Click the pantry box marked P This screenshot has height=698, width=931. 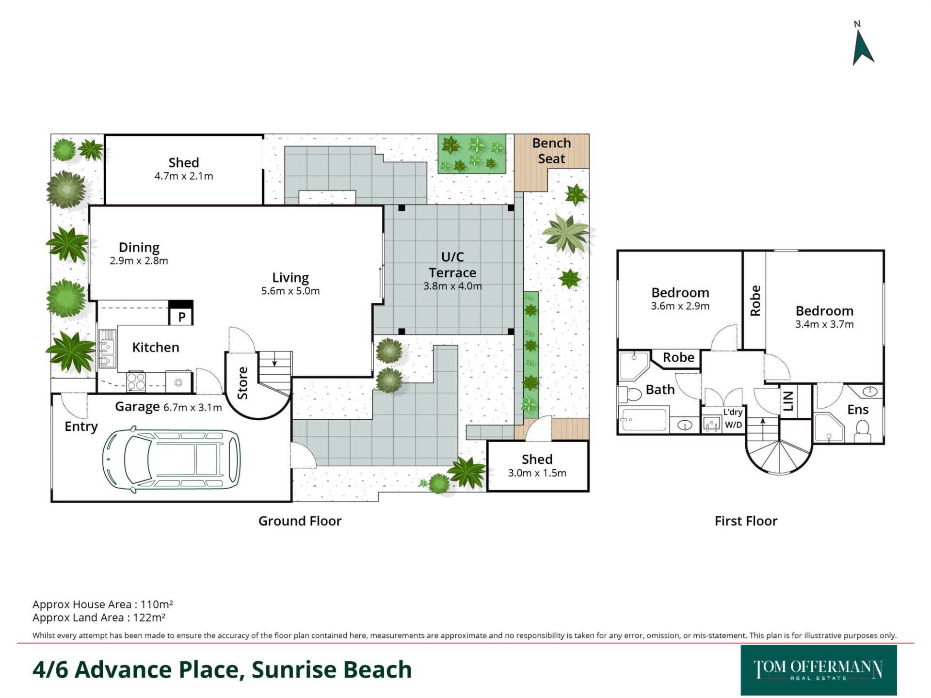181,313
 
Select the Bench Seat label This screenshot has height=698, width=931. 551,151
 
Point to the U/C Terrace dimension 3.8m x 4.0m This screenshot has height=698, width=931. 452,286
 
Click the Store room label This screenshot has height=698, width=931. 242,383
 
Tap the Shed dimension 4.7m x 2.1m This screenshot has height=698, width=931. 184,176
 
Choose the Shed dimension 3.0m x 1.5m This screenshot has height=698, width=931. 537,473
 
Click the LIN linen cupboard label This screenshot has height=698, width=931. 788,401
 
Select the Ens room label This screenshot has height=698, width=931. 858,410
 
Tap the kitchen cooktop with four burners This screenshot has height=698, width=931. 136,381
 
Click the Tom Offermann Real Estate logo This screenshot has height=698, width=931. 819,670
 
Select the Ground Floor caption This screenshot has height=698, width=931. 300,521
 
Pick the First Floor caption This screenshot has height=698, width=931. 746,521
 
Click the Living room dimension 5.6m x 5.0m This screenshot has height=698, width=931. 290,291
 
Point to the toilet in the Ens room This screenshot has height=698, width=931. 862,429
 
